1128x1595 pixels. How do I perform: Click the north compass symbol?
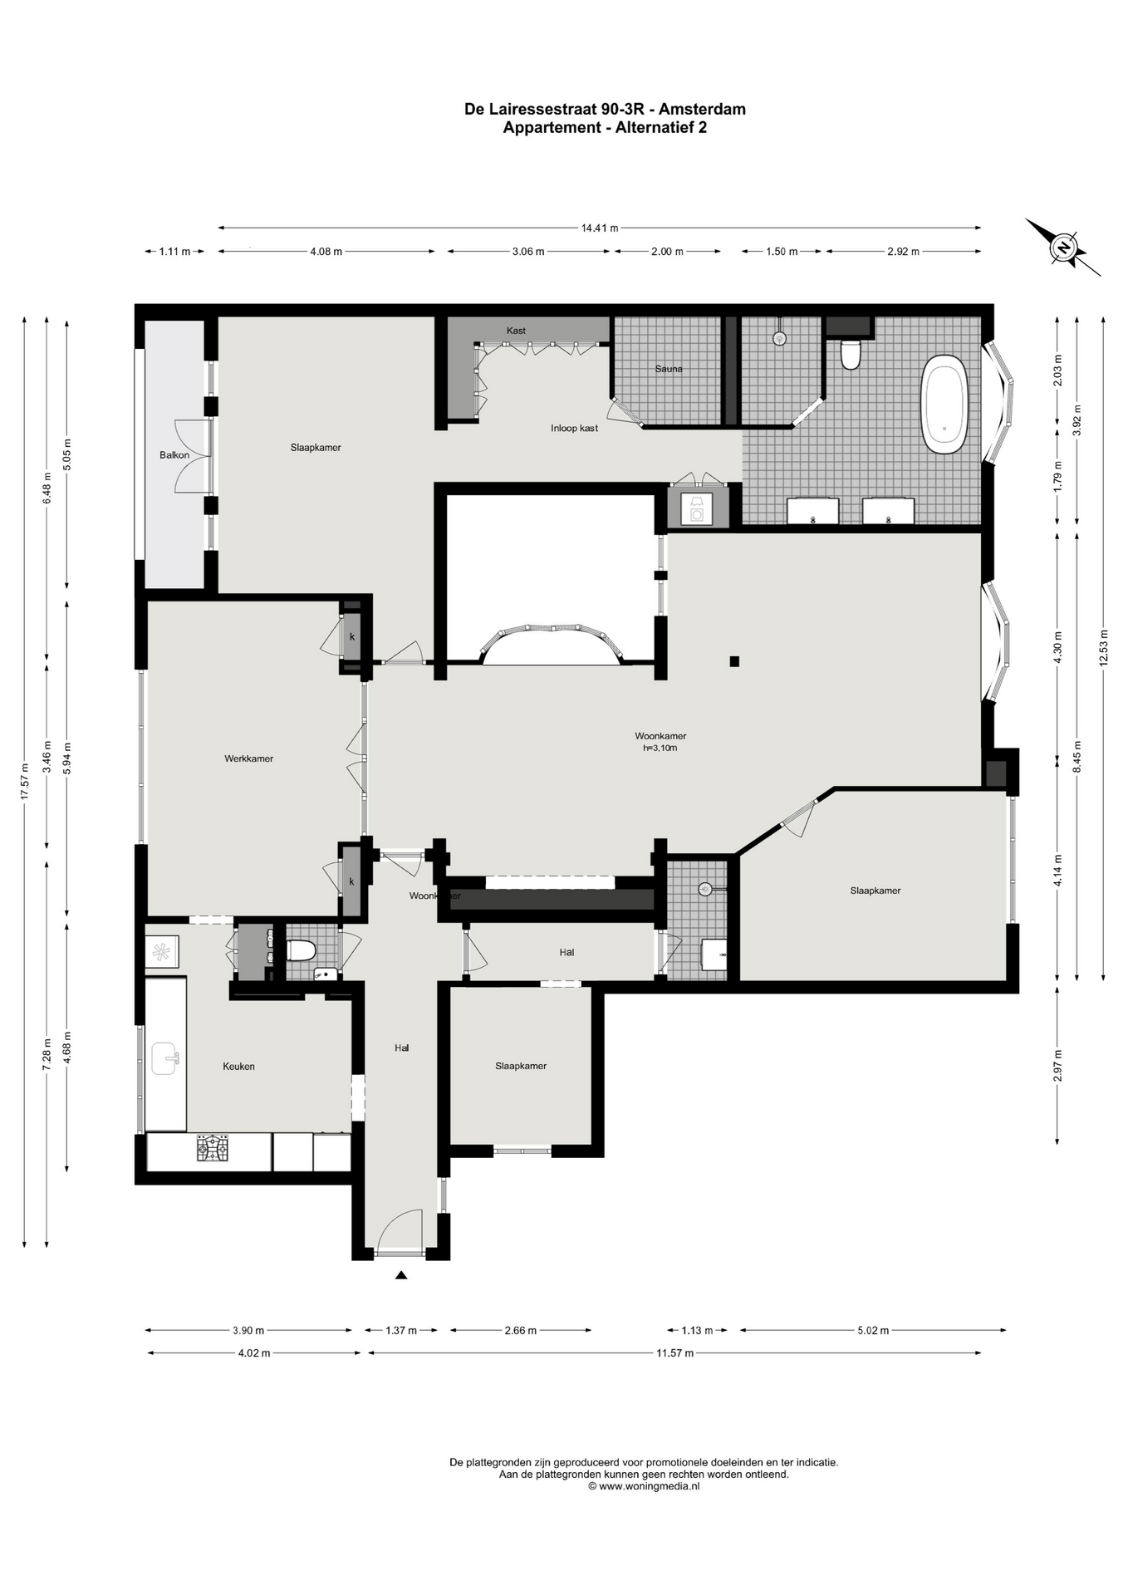tap(1063, 247)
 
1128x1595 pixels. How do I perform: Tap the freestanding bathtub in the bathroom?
tap(944, 404)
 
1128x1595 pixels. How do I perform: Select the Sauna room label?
tap(669, 369)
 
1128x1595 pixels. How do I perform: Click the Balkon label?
tap(174, 454)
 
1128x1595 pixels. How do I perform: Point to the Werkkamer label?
tap(248, 758)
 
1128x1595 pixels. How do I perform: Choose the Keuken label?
tap(238, 1066)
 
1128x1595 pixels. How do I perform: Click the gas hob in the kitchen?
tap(212, 1149)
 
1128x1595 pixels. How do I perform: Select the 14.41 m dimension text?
tap(600, 228)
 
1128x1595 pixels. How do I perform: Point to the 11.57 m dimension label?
tap(674, 1353)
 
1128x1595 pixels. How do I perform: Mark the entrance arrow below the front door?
tap(401, 1275)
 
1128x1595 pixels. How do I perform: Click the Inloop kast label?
tap(574, 428)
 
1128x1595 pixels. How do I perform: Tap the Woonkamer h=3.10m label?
tap(660, 741)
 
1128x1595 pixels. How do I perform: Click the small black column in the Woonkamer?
tap(734, 661)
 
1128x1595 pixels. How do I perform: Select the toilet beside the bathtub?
tap(850, 354)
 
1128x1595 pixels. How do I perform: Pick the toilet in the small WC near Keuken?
tap(299, 950)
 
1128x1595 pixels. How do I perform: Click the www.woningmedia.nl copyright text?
tap(644, 1486)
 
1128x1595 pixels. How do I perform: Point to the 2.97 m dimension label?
tap(1058, 1065)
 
